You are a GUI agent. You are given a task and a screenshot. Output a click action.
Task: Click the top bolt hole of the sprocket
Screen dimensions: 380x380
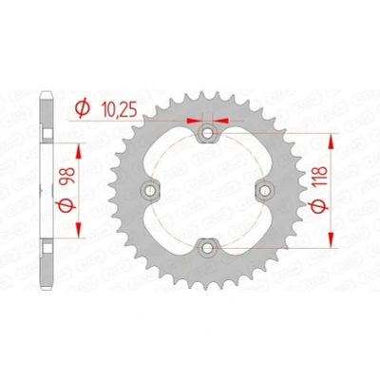tap(207, 133)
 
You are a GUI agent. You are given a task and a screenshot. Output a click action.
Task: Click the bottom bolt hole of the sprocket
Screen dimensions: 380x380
tap(207, 248)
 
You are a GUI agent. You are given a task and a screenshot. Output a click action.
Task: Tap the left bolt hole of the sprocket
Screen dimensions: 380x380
tap(150, 190)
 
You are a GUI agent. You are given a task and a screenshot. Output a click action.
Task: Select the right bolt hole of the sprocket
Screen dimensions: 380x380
tap(265, 190)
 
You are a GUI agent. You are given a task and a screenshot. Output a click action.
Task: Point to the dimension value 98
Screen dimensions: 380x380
tap(67, 176)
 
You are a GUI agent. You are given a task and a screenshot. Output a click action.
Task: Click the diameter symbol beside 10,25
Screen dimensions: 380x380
tap(83, 108)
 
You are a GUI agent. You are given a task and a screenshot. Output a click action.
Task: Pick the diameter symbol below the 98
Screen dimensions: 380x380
tap(67, 206)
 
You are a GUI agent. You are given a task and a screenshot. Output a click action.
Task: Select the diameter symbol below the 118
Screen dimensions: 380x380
tap(319, 206)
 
